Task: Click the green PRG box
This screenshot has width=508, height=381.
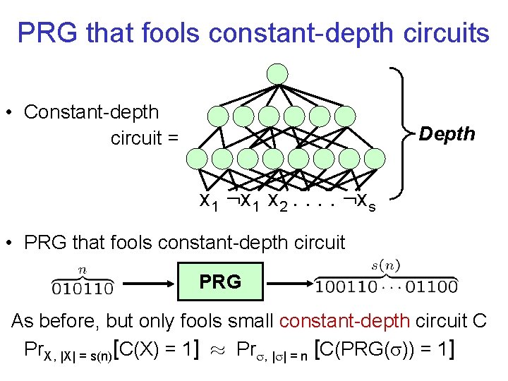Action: (219, 282)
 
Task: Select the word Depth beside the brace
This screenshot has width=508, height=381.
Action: (447, 134)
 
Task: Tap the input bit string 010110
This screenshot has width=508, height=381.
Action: (82, 287)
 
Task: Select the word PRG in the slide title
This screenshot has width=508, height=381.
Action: (44, 32)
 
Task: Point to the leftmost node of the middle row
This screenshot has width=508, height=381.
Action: (219, 116)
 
